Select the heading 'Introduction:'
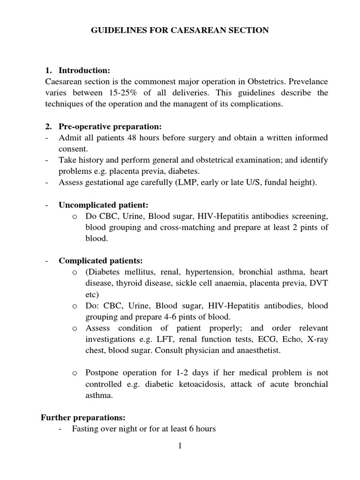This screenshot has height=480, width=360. coord(84,70)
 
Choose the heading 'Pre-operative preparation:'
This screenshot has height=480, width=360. coord(110,127)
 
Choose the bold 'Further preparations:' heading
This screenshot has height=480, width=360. coord(83,417)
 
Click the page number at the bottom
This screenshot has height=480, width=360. coord(180,446)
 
